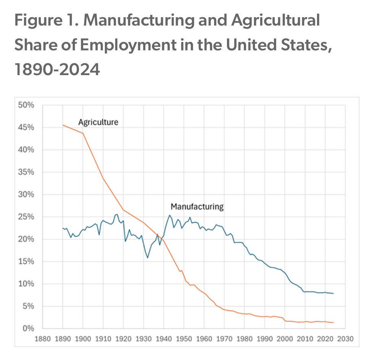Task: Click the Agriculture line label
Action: pos(98,123)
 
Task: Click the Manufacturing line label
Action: pos(196,207)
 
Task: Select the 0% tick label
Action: pos(29,329)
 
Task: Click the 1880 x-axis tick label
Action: pos(42,338)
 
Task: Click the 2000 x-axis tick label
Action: pos(285,338)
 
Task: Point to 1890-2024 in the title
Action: pos(57,70)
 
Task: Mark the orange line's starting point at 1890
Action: pos(63,125)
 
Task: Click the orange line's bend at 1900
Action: pos(83,133)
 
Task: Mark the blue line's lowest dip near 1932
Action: pos(148,258)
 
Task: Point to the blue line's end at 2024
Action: pos(333,293)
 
